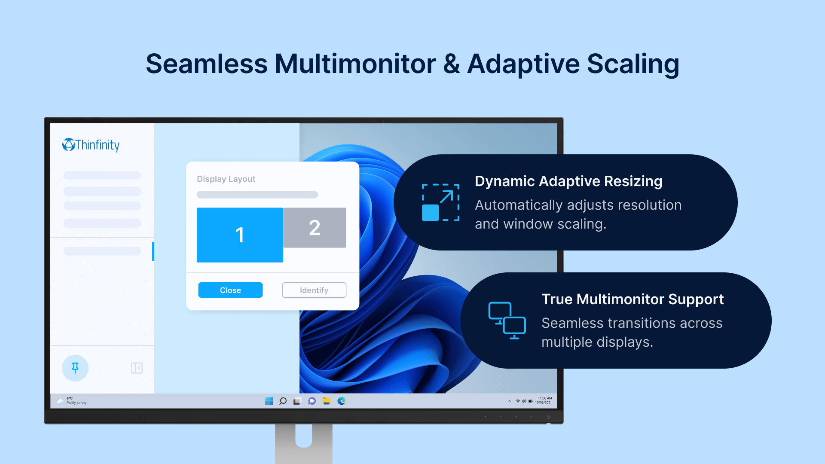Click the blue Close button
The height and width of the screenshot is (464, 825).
tap(230, 290)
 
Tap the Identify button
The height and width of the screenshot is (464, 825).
tap(314, 290)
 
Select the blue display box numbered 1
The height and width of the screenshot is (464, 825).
tap(240, 235)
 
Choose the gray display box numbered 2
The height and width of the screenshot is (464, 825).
tap(315, 228)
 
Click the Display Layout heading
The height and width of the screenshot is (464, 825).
tap(226, 179)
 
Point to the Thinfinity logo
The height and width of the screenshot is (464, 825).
tap(91, 145)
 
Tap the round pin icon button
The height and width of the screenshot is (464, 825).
tap(75, 368)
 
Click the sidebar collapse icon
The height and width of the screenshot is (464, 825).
tap(137, 368)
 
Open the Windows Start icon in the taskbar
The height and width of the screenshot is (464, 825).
tap(269, 401)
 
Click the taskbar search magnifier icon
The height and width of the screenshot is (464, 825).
tap(283, 401)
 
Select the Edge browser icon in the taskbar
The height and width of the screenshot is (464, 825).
tap(342, 401)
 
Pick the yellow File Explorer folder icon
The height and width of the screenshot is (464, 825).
tap(327, 401)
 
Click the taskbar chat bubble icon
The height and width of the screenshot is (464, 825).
tap(312, 401)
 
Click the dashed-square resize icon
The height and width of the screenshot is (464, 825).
tap(440, 202)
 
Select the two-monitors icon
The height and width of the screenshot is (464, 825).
tap(507, 321)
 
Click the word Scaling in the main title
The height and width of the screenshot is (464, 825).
tap(633, 64)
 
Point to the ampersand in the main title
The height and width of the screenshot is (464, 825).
tap(452, 64)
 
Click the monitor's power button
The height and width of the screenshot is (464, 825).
tap(548, 417)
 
